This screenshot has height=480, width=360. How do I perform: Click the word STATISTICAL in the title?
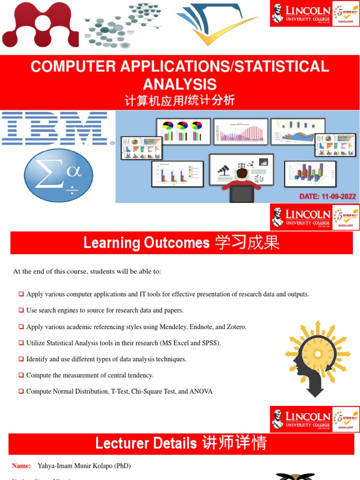point(282,67)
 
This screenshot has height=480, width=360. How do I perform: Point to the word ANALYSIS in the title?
point(180,84)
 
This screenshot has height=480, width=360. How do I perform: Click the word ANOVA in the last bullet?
point(201,391)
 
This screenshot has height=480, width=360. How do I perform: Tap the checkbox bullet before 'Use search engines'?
point(22,310)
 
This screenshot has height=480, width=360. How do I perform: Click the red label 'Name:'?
point(22,466)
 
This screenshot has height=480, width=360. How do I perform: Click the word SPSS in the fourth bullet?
point(210,343)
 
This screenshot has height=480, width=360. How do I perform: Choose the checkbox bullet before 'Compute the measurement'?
point(22,375)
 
